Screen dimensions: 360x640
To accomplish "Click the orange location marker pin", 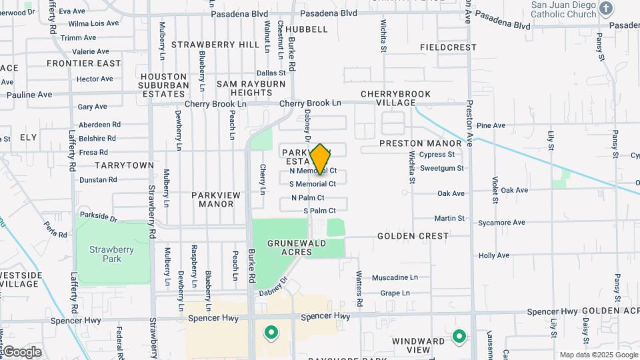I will tap(321, 159).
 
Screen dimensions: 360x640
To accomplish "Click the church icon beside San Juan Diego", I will tap(606, 9).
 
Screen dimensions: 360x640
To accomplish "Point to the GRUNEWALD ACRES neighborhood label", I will tap(290, 247).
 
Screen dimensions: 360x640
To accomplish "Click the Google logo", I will tap(21, 352).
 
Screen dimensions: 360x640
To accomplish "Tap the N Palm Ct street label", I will tap(308, 198).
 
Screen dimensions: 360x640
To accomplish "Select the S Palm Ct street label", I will tap(319, 211).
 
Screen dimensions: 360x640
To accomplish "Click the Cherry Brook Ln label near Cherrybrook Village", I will tap(310, 103).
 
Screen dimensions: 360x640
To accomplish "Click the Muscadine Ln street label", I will tap(395, 277).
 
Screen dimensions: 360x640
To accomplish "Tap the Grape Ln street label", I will tap(395, 293).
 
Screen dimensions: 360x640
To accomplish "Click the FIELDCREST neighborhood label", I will tap(449, 47).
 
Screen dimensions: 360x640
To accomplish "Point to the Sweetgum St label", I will tap(442, 168).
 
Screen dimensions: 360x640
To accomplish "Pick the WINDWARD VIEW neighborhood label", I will tap(419, 345).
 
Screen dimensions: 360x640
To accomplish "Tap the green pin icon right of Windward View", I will tap(459, 337).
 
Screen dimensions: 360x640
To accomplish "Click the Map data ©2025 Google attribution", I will tap(599, 355).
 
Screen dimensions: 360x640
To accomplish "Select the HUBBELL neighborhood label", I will tap(307, 29).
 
